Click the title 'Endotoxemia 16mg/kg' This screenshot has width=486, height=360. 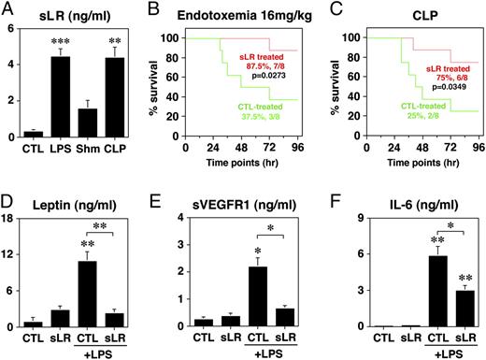click(x=248, y=12)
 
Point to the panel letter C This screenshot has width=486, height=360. click(x=333, y=11)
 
